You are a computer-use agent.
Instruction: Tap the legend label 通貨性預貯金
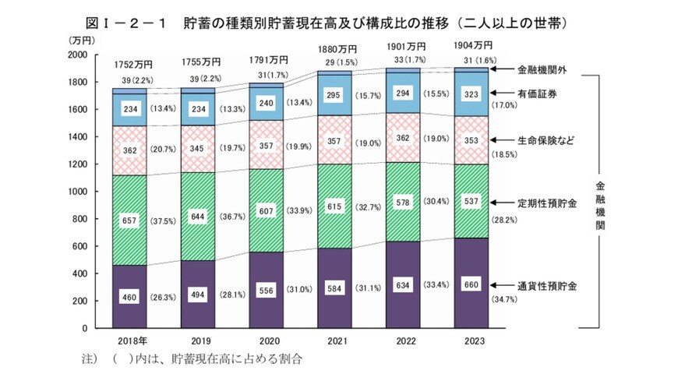point(546,284)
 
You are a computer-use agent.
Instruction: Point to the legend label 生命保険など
point(545,142)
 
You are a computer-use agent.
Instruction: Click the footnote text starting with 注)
point(191,361)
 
